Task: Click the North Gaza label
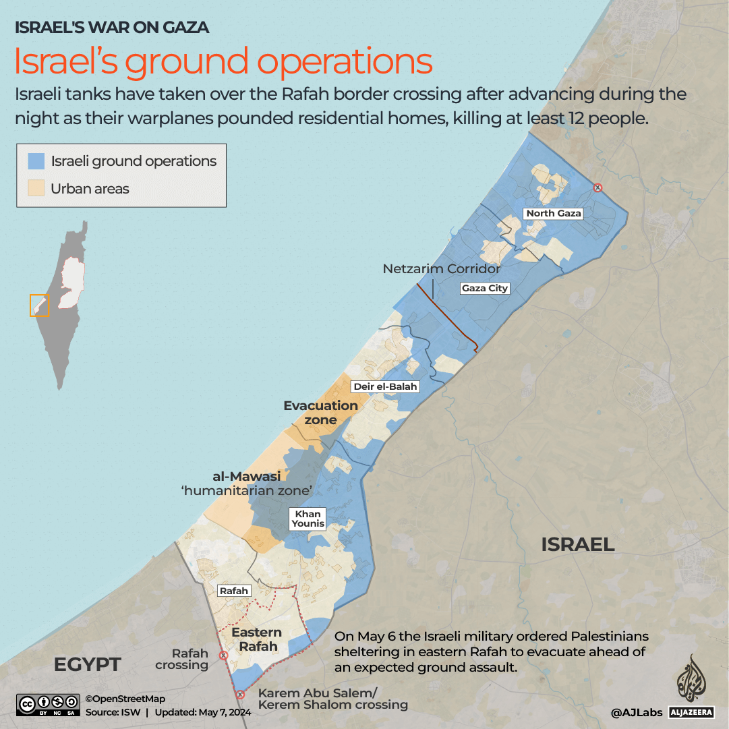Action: click(x=554, y=213)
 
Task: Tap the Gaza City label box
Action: click(x=484, y=288)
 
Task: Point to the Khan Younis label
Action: click(x=308, y=519)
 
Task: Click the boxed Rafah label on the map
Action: click(x=234, y=591)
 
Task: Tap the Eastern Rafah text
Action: click(x=257, y=639)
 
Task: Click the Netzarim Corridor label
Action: click(x=442, y=268)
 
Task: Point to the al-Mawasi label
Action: click(x=246, y=477)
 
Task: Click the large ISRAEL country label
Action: click(x=577, y=544)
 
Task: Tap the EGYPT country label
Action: click(x=87, y=664)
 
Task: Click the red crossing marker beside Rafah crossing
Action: click(x=223, y=655)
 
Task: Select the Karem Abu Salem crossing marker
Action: click(x=239, y=695)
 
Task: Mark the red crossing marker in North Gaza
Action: click(x=597, y=187)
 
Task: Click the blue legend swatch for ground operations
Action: click(x=36, y=161)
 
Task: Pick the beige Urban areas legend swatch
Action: click(x=36, y=188)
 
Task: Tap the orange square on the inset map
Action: click(x=40, y=305)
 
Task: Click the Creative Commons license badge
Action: click(x=47, y=705)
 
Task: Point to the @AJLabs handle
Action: click(x=637, y=712)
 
